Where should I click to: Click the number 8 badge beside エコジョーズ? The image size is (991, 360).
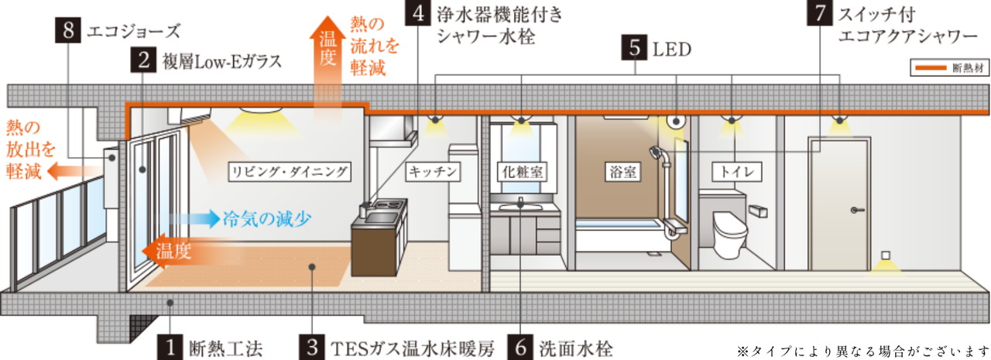click(x=68, y=32)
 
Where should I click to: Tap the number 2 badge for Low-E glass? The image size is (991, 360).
click(x=143, y=60)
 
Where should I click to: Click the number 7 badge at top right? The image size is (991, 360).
click(x=818, y=14)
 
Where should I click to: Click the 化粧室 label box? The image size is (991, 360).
click(x=521, y=171)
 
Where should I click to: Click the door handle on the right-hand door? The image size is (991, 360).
click(x=854, y=209)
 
